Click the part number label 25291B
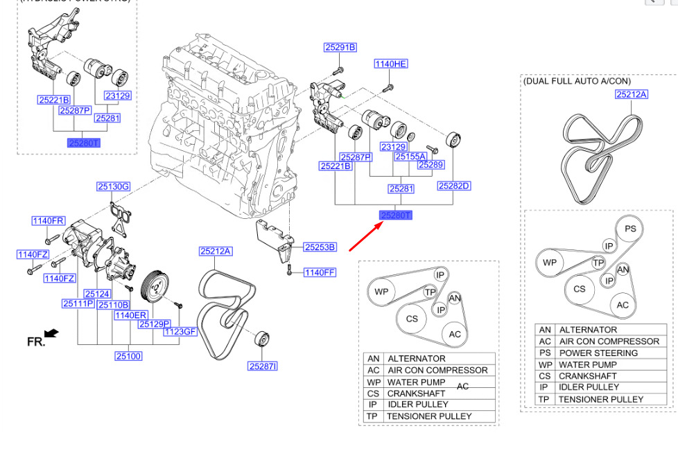340,47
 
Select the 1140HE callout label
390,64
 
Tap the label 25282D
454,186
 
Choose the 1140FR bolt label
48,221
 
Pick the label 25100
128,356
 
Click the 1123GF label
180,332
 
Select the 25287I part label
263,366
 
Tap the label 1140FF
319,272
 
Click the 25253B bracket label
319,247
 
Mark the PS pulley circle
629,229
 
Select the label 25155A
410,157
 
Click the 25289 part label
431,165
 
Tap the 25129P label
154,324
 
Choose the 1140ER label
130,315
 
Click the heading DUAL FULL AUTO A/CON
577,81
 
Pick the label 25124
97,294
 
